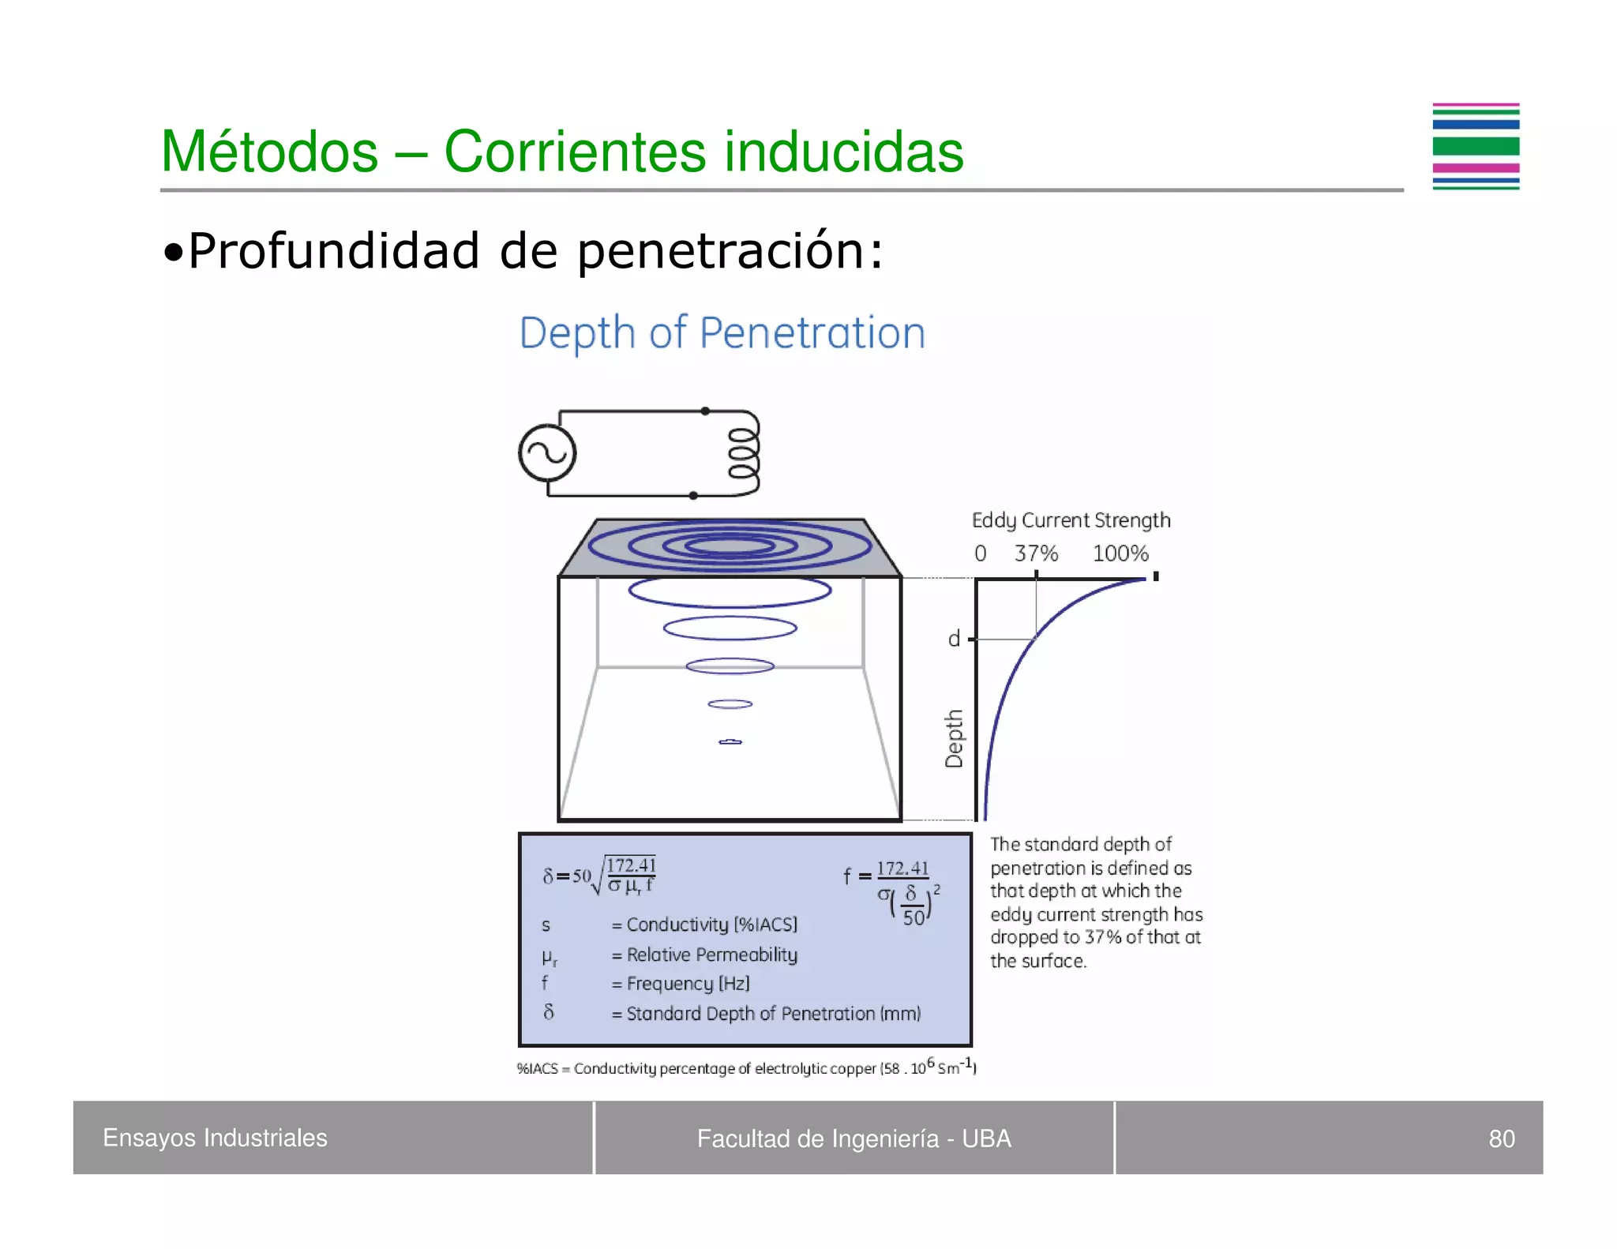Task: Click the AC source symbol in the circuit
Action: [547, 453]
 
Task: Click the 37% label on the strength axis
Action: [1036, 553]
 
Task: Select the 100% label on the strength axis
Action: [1120, 553]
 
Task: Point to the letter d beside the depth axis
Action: [954, 639]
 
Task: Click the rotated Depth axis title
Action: [955, 738]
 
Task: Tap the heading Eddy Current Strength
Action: [1071, 520]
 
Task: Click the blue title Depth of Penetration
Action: [722, 332]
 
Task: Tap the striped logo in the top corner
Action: [1476, 147]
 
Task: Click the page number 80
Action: [1501, 1138]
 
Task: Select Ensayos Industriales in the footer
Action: [215, 1138]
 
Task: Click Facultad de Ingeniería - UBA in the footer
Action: [854, 1138]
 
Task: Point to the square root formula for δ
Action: [600, 875]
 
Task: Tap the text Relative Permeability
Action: [711, 955]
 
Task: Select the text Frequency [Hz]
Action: [688, 984]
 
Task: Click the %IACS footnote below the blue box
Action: [746, 1067]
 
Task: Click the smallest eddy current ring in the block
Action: [730, 742]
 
